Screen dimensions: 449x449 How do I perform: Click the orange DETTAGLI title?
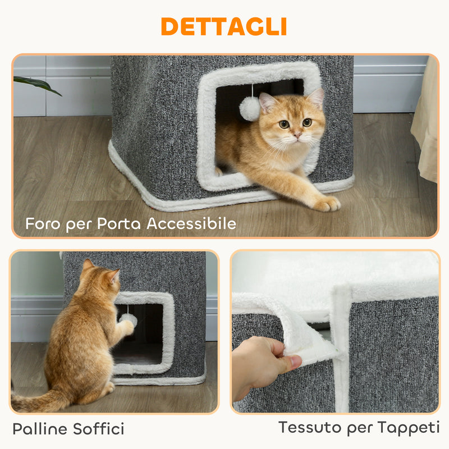point(224,26)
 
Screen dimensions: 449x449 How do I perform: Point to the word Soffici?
point(99,429)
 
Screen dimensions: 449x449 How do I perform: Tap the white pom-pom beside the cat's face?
point(250,108)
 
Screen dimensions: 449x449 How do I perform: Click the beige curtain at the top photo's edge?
point(426,123)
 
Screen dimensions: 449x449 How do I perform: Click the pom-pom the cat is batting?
point(129,319)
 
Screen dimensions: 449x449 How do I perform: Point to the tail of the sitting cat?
point(34,402)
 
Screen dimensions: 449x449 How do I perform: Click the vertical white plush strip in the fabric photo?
point(340,348)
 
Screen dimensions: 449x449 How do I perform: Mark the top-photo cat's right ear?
point(267,102)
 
